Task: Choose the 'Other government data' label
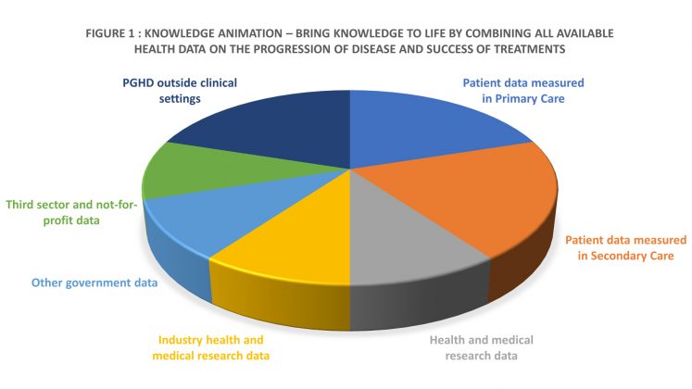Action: point(94,282)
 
